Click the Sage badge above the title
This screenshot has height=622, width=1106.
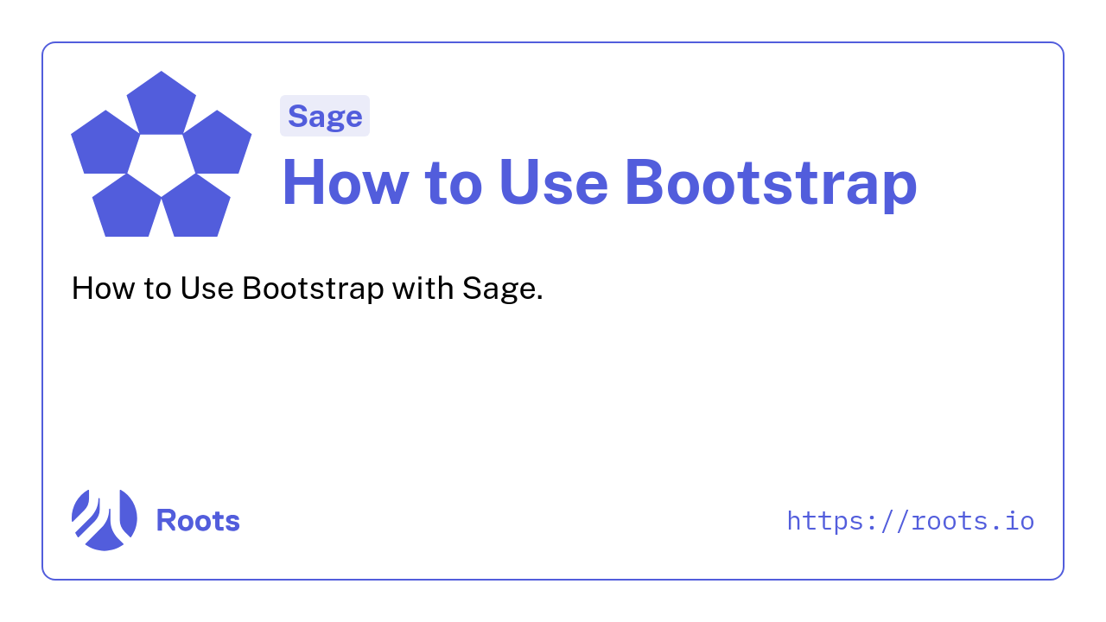(x=325, y=116)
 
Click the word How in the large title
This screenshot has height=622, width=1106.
(x=346, y=182)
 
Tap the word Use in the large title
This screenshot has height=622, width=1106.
(x=554, y=182)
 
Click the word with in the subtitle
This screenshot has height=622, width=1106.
(x=423, y=288)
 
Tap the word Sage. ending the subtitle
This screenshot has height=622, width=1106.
(x=503, y=289)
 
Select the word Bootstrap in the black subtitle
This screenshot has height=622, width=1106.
(x=313, y=289)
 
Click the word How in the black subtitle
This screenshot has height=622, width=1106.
(x=103, y=288)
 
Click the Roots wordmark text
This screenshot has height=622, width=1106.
(x=198, y=520)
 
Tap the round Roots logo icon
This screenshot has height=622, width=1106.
(x=105, y=520)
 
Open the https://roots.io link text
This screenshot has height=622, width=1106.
(x=911, y=522)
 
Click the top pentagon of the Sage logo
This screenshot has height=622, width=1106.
(x=162, y=105)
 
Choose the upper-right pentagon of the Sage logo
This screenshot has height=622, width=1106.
(x=217, y=143)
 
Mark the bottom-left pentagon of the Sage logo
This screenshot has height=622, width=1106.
(x=127, y=207)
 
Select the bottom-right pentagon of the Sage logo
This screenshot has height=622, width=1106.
(x=195, y=207)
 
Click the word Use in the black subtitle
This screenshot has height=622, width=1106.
(x=207, y=288)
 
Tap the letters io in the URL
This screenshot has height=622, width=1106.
(x=1020, y=521)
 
